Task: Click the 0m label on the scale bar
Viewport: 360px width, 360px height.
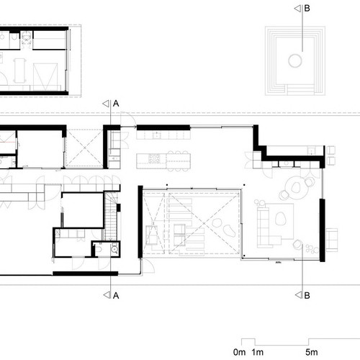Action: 239,352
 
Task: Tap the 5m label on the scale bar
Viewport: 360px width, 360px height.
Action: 312,352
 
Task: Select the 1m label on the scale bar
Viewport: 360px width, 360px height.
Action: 258,352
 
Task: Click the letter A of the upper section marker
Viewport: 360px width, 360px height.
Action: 116,104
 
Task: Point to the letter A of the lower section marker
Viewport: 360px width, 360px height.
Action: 116,295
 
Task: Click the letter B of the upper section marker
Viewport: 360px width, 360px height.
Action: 307,9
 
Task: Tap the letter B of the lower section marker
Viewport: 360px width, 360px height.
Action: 307,295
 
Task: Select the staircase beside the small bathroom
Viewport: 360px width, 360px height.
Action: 111,215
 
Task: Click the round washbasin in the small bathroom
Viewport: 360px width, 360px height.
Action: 114,249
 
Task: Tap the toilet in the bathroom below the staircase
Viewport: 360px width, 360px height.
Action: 98,249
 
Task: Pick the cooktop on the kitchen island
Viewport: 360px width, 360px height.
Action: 154,158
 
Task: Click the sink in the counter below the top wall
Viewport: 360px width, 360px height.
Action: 157,135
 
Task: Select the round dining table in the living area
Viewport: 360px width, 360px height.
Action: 297,187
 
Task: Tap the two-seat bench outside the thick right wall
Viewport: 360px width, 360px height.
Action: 332,240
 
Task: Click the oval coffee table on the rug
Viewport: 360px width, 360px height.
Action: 281,219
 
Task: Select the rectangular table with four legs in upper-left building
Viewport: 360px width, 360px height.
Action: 20,71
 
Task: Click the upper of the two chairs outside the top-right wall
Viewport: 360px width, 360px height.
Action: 331,150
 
